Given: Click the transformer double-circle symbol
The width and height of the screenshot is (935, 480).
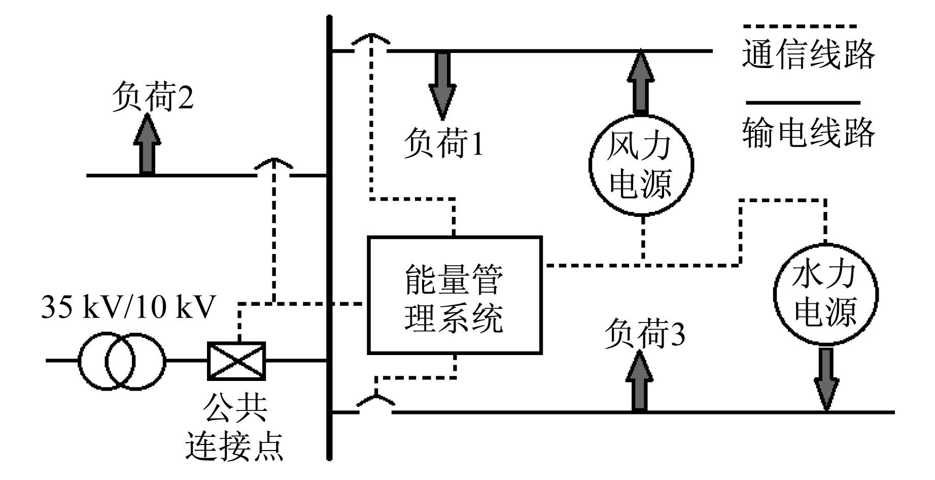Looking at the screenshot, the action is pos(122,361).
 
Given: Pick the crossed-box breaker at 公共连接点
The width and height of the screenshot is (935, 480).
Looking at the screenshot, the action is pos(236,361).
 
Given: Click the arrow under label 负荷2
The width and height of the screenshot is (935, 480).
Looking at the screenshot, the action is pos(147,144).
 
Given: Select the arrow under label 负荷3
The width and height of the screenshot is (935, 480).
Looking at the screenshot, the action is pos(640,380).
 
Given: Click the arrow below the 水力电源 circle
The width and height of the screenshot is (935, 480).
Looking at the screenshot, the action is pos(825,378).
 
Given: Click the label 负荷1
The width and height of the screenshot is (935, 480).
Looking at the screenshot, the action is pos(443,144).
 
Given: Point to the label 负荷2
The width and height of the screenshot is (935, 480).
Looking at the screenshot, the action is pos(152,98).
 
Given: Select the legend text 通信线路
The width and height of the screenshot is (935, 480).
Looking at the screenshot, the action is pos(809,54).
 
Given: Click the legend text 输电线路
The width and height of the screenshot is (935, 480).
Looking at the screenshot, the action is pos(809,132).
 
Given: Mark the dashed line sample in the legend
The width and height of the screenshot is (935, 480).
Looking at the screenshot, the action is pos(800,26).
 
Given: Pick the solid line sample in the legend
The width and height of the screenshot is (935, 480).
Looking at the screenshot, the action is pos(803,103).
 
